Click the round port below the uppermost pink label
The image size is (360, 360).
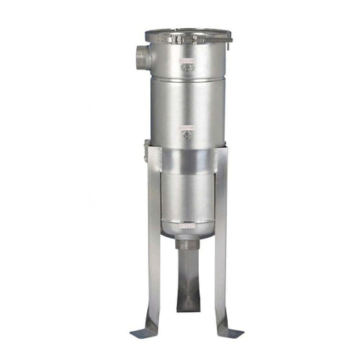(186, 68)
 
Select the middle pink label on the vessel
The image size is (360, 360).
(186, 125)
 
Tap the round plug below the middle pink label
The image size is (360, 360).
(186, 135)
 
